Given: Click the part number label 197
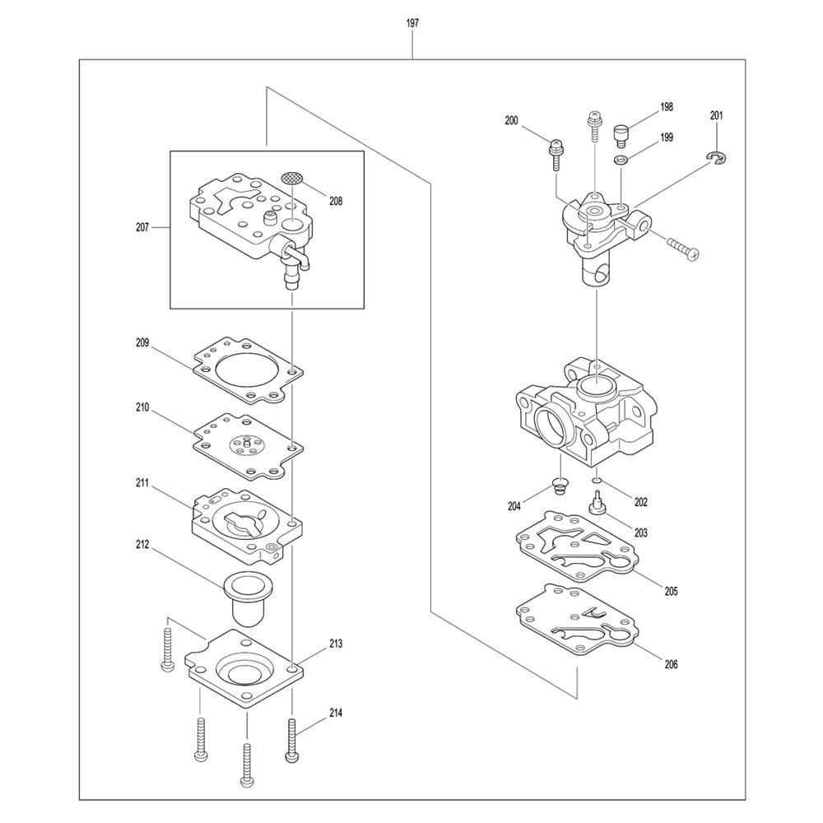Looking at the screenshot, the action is pyautogui.click(x=412, y=23).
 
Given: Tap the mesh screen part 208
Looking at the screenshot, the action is pyautogui.click(x=293, y=178).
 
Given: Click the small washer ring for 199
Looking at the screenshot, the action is pyautogui.click(x=621, y=159).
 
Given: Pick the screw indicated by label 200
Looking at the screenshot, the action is pyautogui.click(x=556, y=155).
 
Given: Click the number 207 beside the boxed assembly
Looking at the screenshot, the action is pyautogui.click(x=142, y=228).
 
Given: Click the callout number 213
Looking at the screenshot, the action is pyautogui.click(x=336, y=644).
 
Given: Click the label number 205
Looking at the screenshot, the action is pyautogui.click(x=671, y=591).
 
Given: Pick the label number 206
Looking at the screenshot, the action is pyautogui.click(x=671, y=664).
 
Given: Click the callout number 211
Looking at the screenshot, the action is pyautogui.click(x=142, y=483).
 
